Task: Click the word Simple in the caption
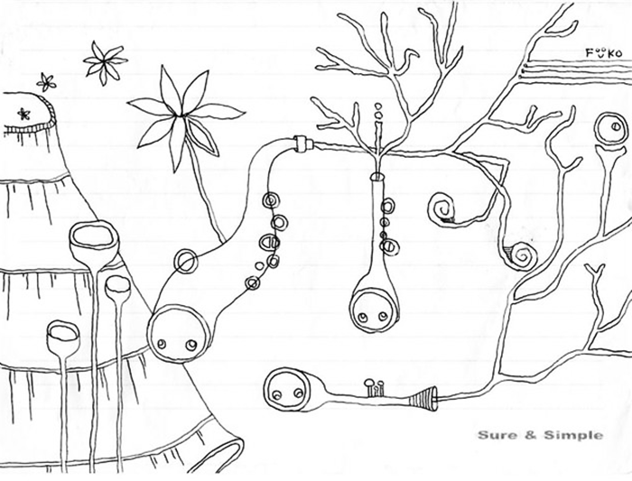tap(573, 436)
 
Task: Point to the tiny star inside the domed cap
tap(23, 114)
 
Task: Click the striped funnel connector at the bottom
tap(423, 400)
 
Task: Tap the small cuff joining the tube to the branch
tap(302, 144)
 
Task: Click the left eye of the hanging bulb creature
tap(363, 318)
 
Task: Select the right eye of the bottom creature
tap(298, 392)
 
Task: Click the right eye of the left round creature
tap(191, 345)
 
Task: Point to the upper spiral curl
tap(442, 208)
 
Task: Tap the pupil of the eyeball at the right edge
tap(617, 126)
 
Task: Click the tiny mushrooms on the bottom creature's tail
tap(374, 387)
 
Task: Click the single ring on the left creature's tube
tap(186, 261)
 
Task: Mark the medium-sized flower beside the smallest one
tap(105, 62)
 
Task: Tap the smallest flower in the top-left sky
tap(46, 83)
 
